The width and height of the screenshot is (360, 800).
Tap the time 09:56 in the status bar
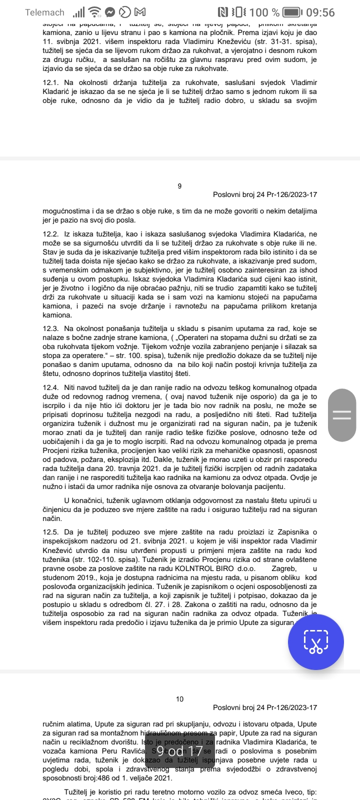[320, 12]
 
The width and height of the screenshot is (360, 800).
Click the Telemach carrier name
[45, 12]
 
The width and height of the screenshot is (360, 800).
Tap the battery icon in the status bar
[299, 12]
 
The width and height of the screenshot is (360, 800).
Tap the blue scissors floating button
[316, 641]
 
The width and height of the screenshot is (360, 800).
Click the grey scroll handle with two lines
[342, 414]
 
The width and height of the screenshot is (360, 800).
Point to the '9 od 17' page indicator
[179, 751]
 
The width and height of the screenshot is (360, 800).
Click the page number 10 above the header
[180, 699]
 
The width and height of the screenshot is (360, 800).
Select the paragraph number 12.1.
[50, 82]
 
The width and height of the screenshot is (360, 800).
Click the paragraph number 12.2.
[50, 234]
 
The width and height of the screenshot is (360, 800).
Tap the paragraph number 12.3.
[50, 328]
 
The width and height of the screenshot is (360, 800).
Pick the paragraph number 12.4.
[50, 387]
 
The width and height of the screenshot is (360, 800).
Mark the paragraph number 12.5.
[50, 532]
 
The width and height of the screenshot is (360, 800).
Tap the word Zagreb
[283, 568]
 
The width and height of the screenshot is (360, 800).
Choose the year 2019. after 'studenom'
[82, 577]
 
